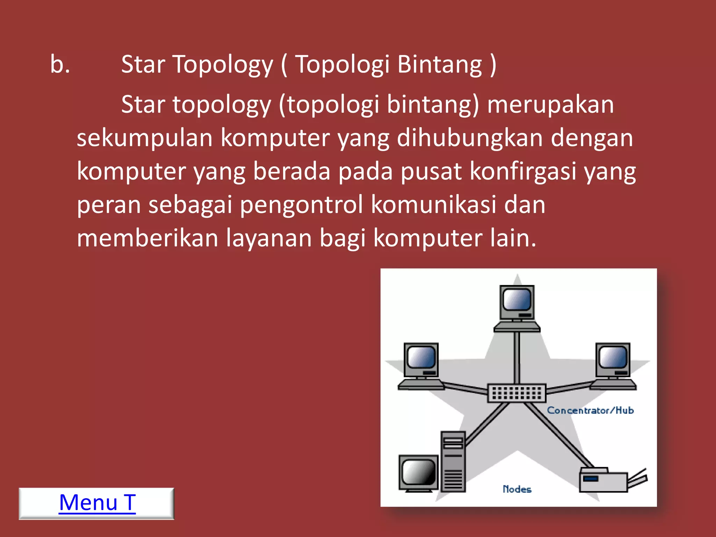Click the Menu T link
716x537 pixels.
[97, 503]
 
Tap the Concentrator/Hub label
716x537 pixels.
[590, 410]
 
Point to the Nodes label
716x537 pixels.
[517, 489]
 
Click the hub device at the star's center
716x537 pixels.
[517, 393]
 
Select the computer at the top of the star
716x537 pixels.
[517, 308]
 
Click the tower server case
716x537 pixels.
[453, 461]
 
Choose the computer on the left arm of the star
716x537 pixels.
[421, 365]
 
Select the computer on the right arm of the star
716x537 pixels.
[613, 365]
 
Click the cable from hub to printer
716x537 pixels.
[559, 435]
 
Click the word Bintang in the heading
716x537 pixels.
[440, 65]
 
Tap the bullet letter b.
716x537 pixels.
[60, 65]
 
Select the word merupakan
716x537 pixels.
[550, 105]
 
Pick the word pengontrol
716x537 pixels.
[301, 205]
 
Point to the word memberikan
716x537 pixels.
[147, 238]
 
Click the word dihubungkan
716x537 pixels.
[470, 138]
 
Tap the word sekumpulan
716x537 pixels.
[144, 138]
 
